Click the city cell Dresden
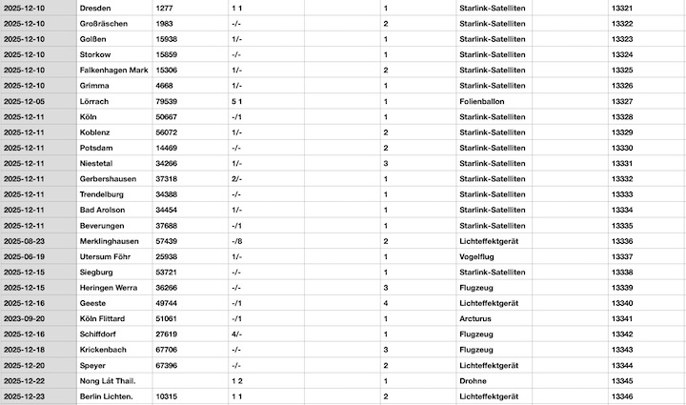pos(96,8)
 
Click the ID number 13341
pos(622,318)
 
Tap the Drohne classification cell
pos(474,380)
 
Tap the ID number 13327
pos(622,101)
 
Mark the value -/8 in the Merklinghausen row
pos(236,241)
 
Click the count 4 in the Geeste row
pos(385,303)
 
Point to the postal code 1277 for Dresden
pos(163,8)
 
